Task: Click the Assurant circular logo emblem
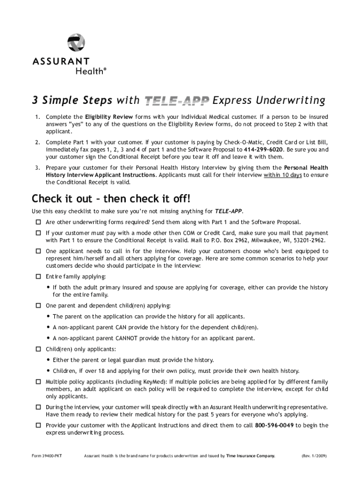click(76, 43)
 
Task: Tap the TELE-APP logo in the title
click(176, 101)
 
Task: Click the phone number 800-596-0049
click(274, 425)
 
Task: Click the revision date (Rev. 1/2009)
click(315, 455)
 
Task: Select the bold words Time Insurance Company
click(251, 455)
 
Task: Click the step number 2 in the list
click(36, 142)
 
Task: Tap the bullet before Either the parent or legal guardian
click(49, 360)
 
